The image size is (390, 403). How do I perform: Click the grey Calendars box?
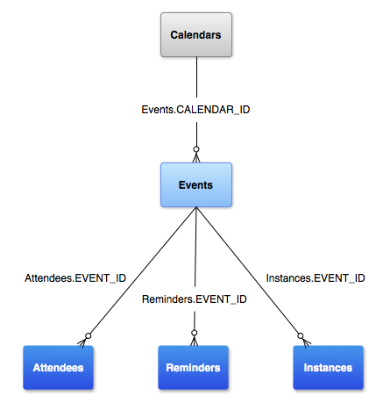point(195,36)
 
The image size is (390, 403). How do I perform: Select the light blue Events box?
point(195,185)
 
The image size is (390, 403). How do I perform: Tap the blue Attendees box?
point(60,367)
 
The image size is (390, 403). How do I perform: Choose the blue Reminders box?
point(195,367)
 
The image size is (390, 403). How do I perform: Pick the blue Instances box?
point(329,367)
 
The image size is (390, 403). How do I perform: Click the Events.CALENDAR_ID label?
point(195,111)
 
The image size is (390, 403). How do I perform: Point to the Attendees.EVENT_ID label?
point(75,277)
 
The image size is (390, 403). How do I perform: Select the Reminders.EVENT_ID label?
point(195,299)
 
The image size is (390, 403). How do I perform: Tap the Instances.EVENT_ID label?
point(315,277)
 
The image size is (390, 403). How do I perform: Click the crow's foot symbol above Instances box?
point(303,338)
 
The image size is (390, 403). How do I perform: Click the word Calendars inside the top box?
point(195,36)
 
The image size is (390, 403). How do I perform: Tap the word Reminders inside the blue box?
point(195,367)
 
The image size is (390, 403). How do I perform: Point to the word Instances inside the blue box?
point(329,367)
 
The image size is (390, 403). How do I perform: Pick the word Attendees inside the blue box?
point(60,367)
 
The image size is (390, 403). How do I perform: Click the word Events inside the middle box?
point(195,185)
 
